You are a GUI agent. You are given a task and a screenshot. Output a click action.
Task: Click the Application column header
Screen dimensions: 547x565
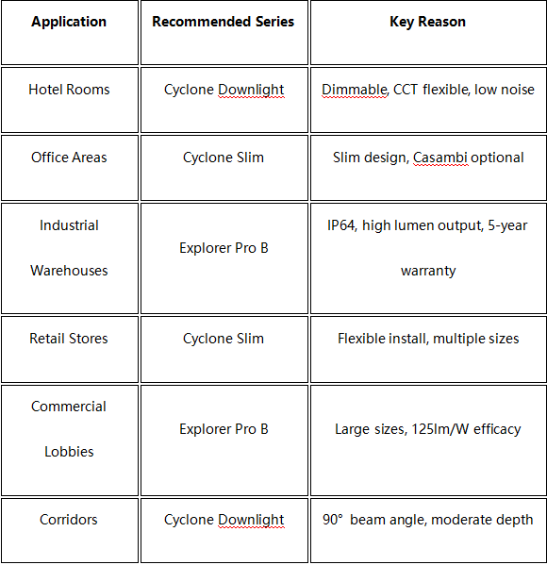[x=69, y=22]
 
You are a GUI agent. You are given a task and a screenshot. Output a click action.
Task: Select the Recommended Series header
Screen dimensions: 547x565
[x=224, y=22]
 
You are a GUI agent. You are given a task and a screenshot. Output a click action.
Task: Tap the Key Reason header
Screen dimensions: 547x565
[x=428, y=22]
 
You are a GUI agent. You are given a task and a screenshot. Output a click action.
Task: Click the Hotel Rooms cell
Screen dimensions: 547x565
[x=69, y=90]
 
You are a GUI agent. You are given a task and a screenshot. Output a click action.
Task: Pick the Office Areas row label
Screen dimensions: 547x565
[x=69, y=158]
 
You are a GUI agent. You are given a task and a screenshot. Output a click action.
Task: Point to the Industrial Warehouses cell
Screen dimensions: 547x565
[x=69, y=248]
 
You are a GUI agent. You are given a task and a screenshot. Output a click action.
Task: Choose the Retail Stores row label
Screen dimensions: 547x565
[x=69, y=339]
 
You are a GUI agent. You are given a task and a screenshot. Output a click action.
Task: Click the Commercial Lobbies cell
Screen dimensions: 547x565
[x=69, y=429]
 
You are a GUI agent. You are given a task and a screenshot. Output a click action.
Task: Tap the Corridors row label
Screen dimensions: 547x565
[x=69, y=520]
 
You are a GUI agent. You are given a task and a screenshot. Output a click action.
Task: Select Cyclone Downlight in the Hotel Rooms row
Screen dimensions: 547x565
[x=224, y=90]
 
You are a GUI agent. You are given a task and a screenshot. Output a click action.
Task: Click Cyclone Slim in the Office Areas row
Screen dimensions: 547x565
[x=224, y=158]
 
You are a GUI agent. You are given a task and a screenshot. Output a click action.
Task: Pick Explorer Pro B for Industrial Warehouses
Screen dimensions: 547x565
[x=224, y=248]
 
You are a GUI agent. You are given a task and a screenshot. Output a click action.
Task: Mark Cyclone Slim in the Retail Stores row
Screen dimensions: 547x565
[x=224, y=339]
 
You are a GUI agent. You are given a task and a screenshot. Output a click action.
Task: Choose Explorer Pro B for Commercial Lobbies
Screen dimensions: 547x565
[x=224, y=429]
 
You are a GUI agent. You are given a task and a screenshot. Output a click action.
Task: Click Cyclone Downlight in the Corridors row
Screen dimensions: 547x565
[x=224, y=520]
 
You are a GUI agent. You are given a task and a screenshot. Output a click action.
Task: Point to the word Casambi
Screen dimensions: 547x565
[x=440, y=158]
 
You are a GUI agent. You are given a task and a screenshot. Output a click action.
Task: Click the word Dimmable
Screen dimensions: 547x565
[x=355, y=90]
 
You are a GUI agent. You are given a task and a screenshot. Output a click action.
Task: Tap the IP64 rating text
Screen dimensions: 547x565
[x=341, y=225]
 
